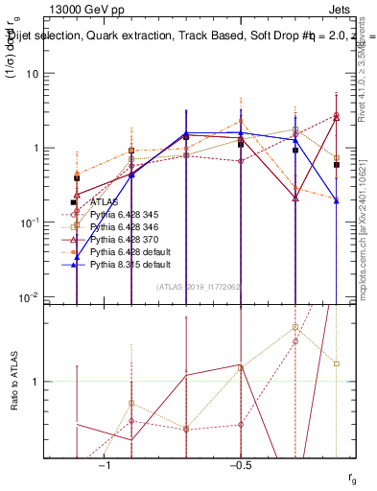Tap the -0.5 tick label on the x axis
(240, 464)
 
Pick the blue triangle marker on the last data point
(336, 199)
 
